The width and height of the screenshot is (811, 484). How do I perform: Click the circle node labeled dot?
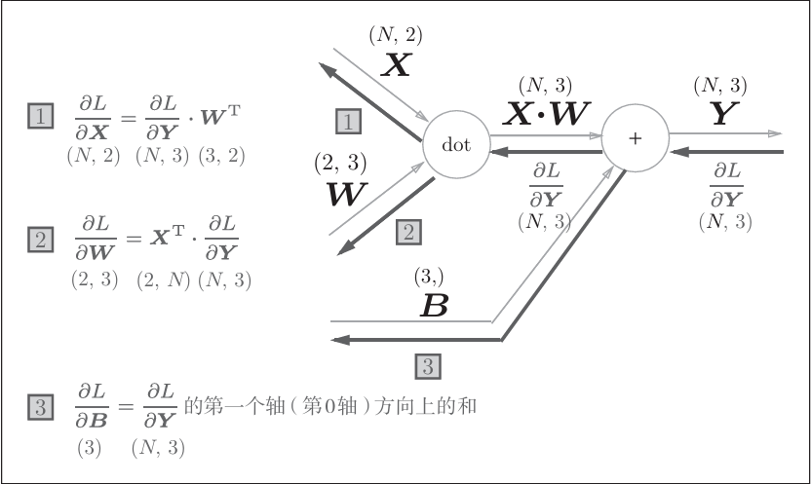456,145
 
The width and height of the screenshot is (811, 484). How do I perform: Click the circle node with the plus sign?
635,137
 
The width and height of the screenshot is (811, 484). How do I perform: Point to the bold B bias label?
433,307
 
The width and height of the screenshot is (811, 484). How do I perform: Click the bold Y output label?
721,115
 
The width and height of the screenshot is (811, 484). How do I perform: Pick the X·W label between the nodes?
546,115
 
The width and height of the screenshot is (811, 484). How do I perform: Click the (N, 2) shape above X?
396,35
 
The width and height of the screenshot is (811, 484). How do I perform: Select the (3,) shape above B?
429,278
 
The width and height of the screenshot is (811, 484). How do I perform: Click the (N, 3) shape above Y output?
721,86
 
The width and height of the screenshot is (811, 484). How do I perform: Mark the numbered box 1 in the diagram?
348,121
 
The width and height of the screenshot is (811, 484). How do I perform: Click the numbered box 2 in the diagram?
408,232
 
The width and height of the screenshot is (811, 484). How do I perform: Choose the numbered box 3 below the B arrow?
428,366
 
